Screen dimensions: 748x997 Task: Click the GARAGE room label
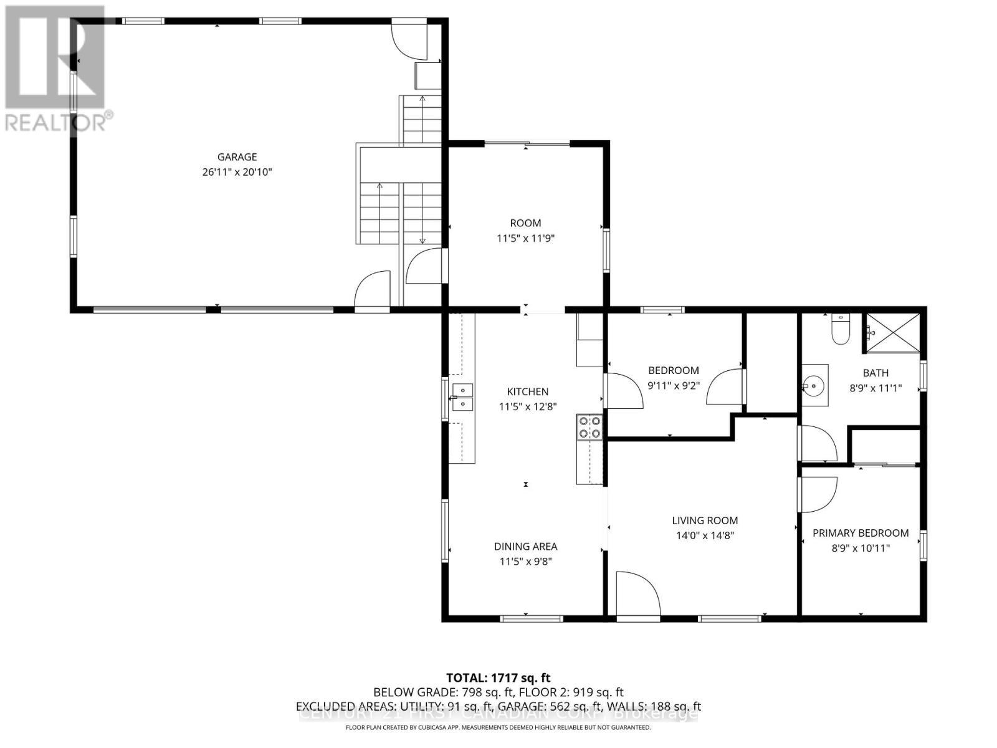tap(237, 157)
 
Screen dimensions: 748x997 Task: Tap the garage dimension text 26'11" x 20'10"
tap(237, 172)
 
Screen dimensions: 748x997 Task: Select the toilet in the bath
tap(841, 331)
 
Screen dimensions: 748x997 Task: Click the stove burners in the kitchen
tap(589, 427)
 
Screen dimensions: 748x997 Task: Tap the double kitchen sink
tap(462, 397)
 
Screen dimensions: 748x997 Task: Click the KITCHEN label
tap(527, 391)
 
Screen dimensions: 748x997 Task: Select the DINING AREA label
tap(525, 546)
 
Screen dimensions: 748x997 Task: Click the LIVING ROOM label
tap(705, 520)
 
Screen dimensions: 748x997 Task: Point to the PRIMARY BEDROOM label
tap(860, 533)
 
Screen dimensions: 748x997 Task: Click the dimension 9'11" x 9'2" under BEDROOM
tap(674, 385)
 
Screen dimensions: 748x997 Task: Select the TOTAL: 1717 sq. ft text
tap(498, 678)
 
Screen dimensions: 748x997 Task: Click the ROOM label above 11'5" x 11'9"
tap(525, 223)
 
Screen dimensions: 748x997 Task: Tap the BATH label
tap(875, 373)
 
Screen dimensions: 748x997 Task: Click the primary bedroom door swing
tap(817, 494)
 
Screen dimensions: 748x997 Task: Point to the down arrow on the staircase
tap(422, 240)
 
